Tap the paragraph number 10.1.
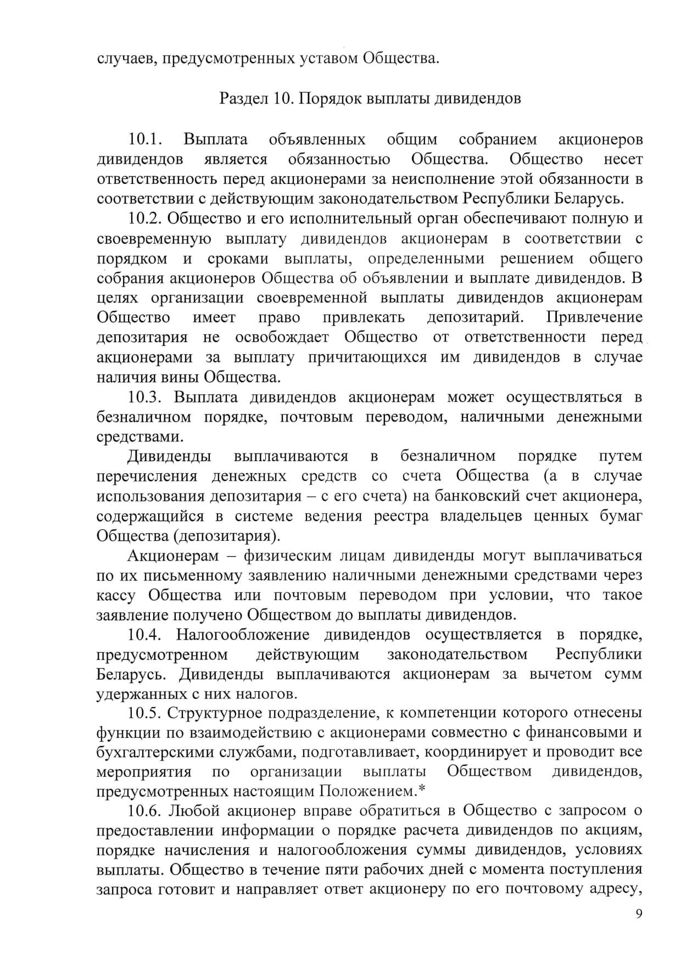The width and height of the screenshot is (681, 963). [x=146, y=139]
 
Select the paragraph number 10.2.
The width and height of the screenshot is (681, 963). [x=146, y=219]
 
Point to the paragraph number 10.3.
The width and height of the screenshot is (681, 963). [x=146, y=397]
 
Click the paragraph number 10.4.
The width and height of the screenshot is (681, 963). [x=146, y=635]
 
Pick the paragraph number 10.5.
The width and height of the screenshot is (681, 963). [x=146, y=713]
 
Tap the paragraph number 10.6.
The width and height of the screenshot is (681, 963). [x=146, y=811]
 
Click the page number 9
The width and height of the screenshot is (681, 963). [x=638, y=914]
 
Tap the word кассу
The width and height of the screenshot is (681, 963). [x=115, y=595]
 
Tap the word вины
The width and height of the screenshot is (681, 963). [x=184, y=377]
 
